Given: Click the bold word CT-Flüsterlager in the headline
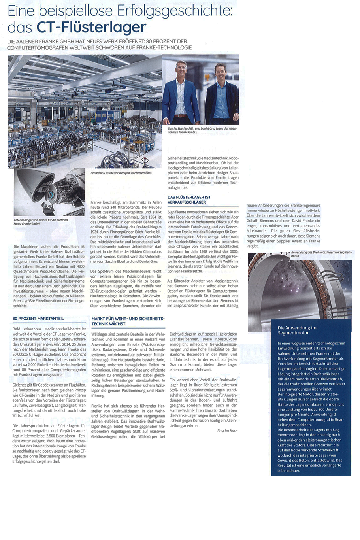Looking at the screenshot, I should [92, 27].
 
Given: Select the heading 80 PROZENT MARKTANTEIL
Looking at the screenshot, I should [38, 318].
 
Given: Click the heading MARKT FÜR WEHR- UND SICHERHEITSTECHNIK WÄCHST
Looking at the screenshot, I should [128, 321].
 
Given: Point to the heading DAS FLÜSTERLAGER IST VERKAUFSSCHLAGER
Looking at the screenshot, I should [189, 200].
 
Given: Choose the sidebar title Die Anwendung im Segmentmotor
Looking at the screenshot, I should [297, 330].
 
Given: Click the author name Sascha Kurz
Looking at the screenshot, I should [227, 430].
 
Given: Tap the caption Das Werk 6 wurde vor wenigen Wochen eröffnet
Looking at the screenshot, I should [121, 173].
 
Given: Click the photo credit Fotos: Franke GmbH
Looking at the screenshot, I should [26, 224].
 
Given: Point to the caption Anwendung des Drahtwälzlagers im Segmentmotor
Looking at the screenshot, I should [320, 253].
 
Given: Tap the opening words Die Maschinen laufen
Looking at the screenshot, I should [29, 246].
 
